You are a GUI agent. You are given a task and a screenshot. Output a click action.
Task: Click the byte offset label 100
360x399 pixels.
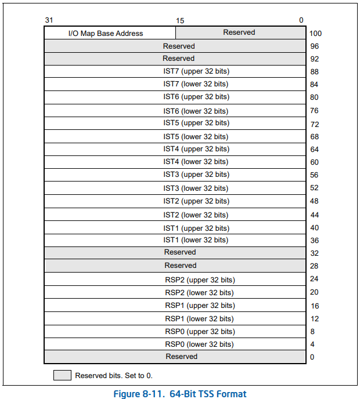[315, 34]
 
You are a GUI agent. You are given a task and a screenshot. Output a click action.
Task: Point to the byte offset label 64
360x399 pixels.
[314, 150]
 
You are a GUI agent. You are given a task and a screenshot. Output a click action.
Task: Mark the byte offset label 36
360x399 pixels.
[314, 241]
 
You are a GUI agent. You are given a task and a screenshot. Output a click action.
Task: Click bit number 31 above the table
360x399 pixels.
[49, 20]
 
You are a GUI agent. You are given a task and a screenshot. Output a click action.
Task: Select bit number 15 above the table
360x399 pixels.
[180, 21]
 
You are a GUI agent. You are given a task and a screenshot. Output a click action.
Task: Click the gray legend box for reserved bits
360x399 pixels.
[62, 375]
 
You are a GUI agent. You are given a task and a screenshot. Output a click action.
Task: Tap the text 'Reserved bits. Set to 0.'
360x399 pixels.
[113, 376]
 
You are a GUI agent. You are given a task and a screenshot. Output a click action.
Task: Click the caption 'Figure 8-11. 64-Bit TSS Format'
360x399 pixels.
[179, 394]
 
